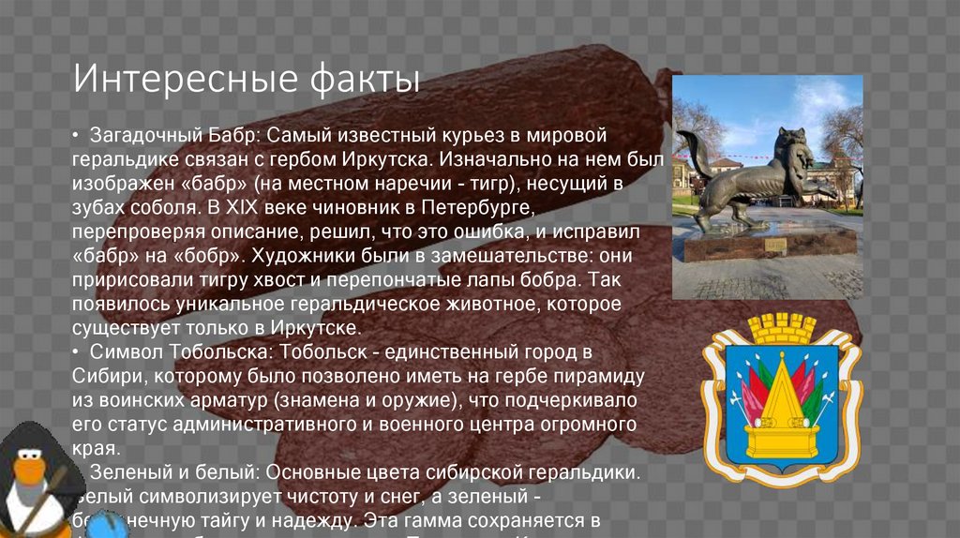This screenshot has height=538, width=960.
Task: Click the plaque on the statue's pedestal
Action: (x=775, y=245)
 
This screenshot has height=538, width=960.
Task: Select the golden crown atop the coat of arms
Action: (x=781, y=329)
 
